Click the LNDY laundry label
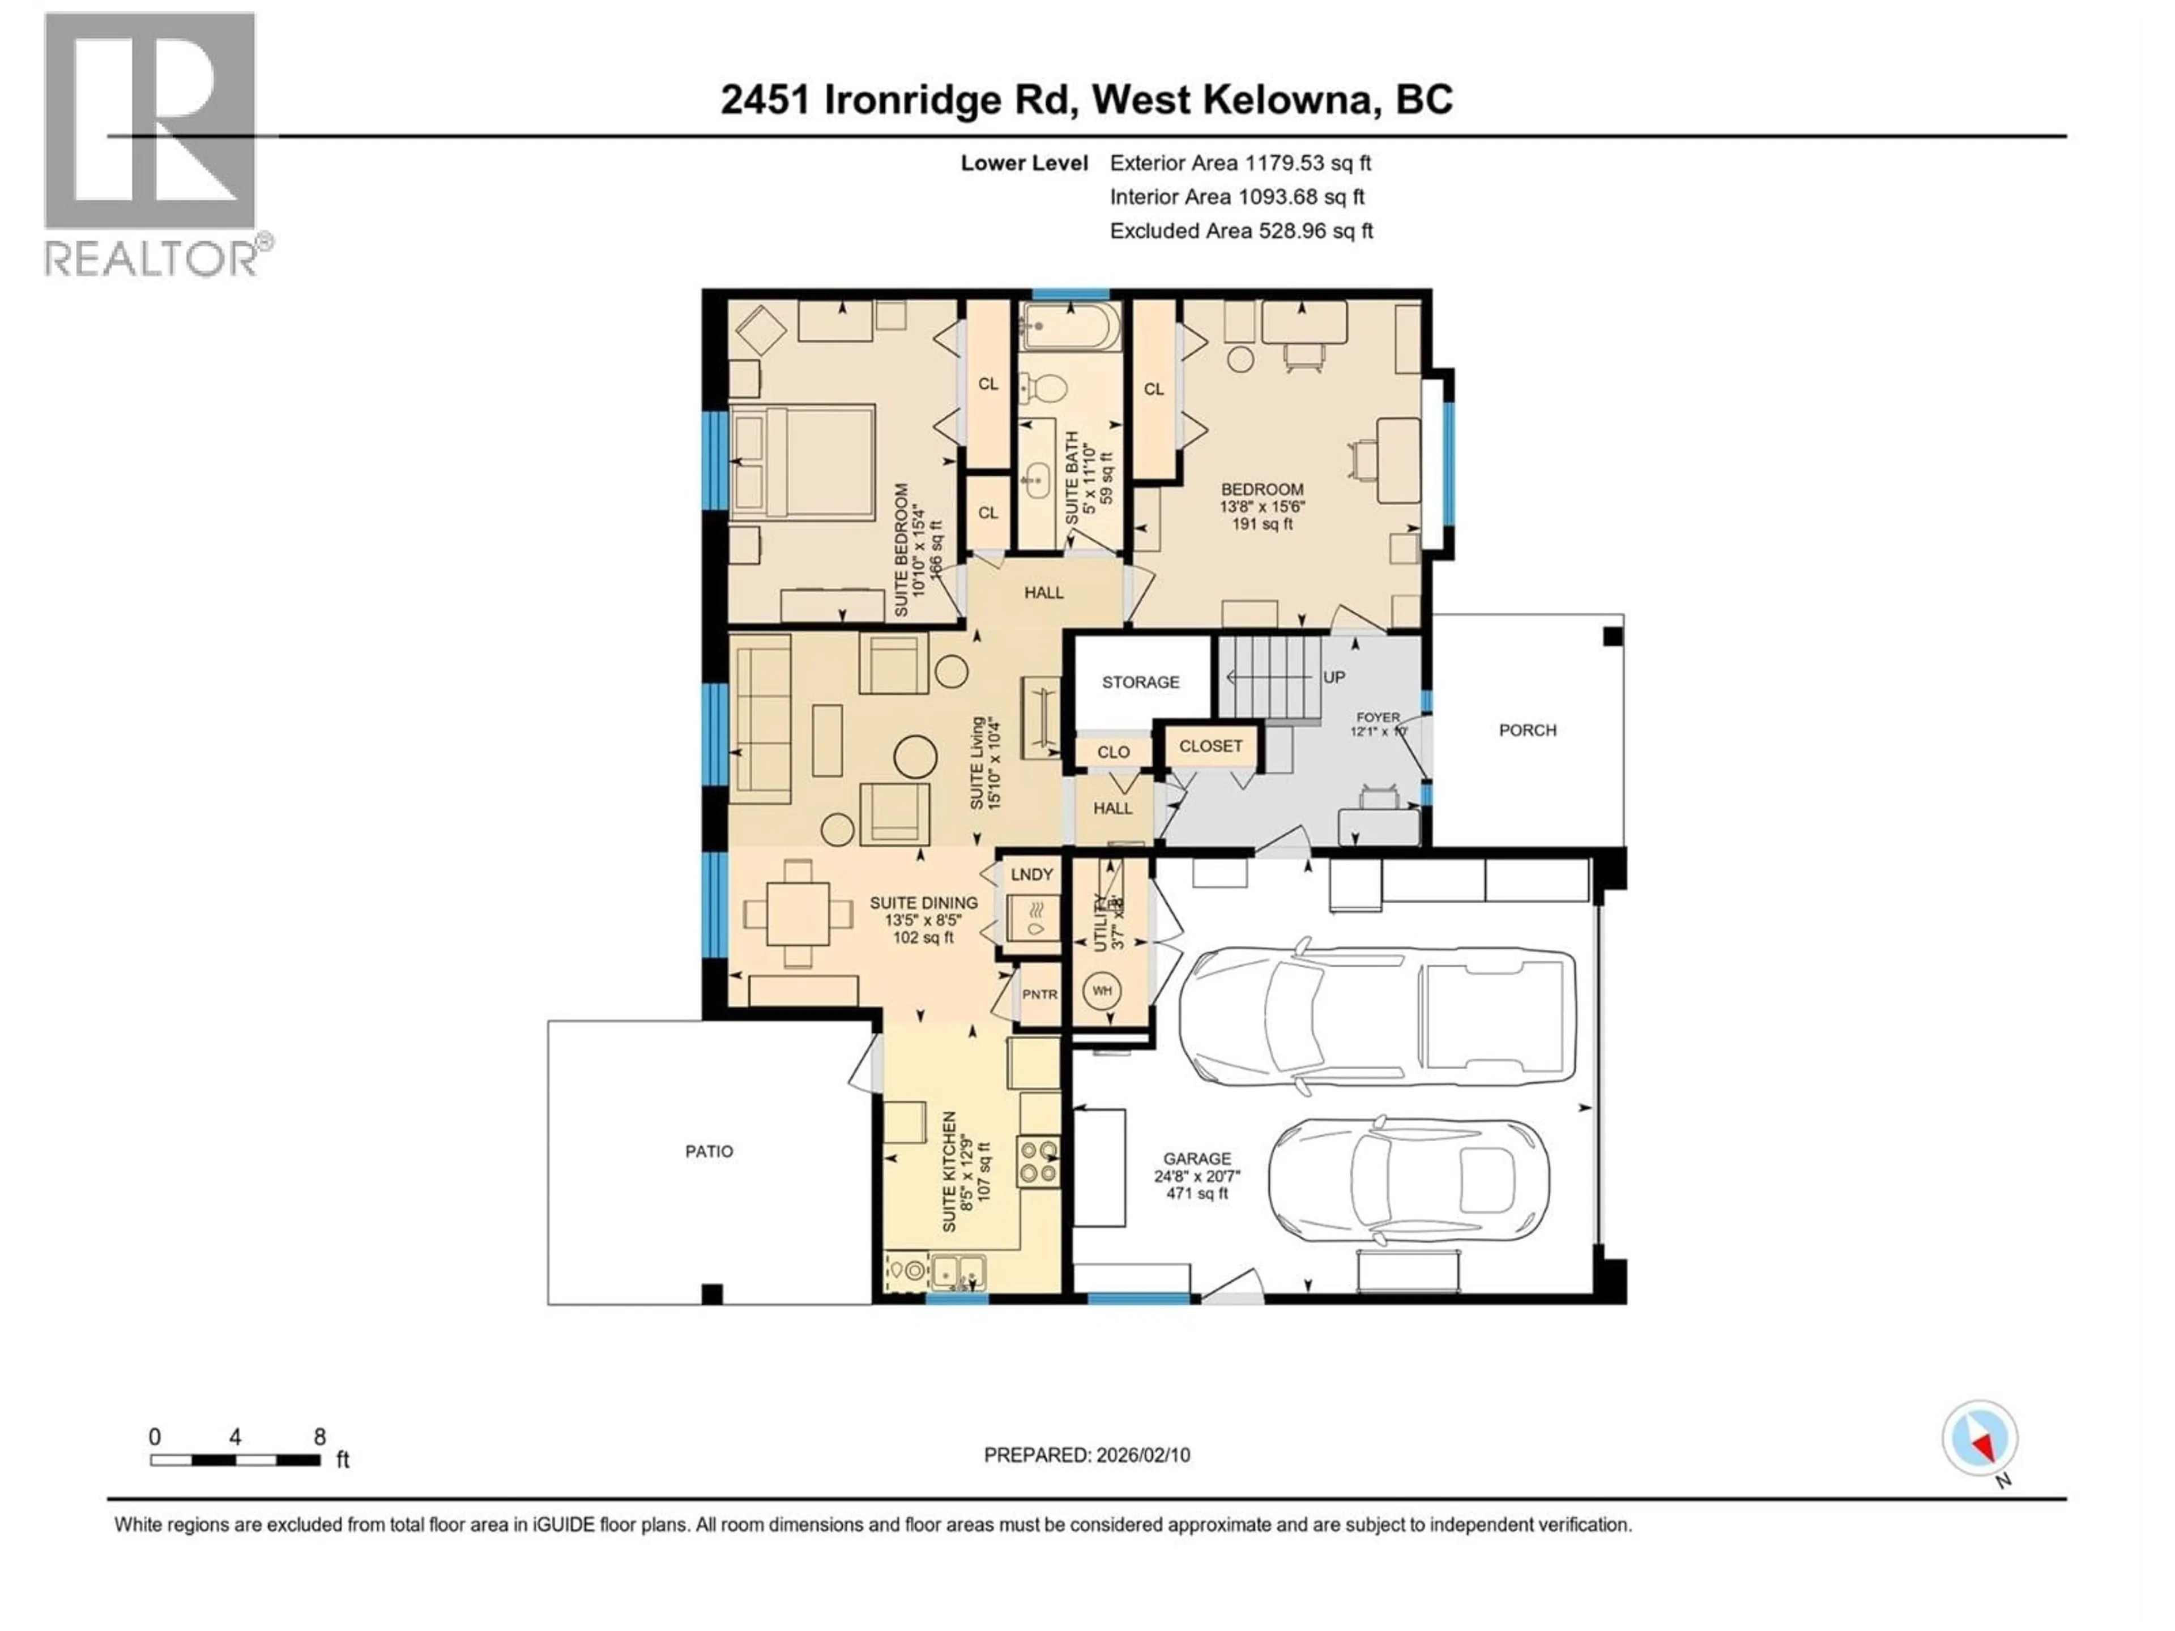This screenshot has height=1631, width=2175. (x=1031, y=874)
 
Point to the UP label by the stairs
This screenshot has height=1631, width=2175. (x=1333, y=677)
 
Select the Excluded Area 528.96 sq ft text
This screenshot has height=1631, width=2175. (x=1241, y=231)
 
